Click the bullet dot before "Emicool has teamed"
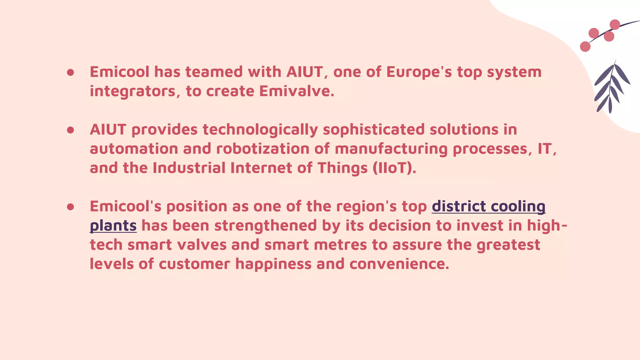[70, 72]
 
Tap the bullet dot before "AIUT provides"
[70, 130]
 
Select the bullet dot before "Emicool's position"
[70, 207]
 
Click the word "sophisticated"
[373, 130]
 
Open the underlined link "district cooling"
[488, 207]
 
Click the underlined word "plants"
[113, 226]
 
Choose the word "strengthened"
[266, 226]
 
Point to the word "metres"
[340, 245]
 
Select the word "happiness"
[273, 264]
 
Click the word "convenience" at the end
[399, 264]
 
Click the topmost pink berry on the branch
[615, 24]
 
